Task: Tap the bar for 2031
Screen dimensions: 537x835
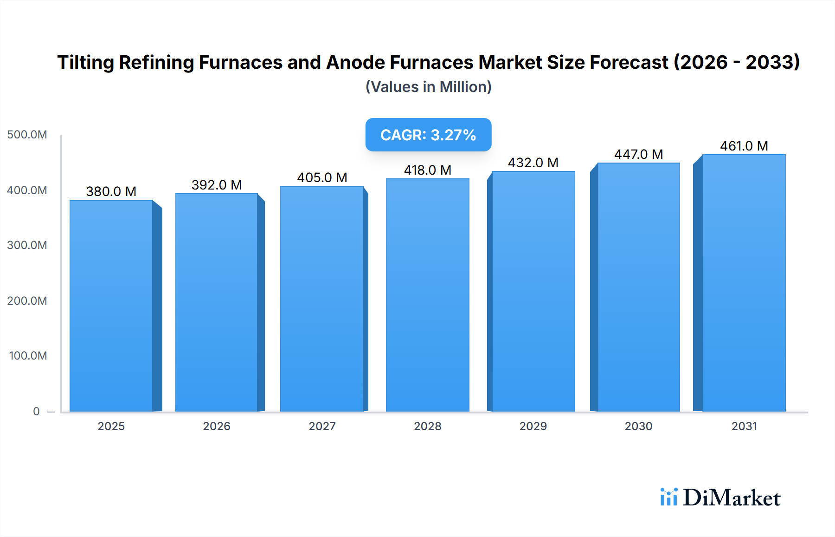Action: tap(744, 283)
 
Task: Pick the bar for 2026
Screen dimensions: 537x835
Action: tap(216, 302)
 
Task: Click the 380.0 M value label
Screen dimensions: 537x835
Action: tap(111, 191)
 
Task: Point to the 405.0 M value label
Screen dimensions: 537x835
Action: tap(322, 177)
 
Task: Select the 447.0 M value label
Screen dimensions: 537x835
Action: tap(638, 154)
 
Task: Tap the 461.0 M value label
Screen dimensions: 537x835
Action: tap(744, 146)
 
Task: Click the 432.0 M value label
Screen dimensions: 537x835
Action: tap(533, 163)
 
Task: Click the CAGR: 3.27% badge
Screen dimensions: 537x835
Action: tap(428, 135)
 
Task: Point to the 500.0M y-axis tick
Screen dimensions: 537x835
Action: tap(27, 135)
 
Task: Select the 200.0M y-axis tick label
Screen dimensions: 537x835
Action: tap(27, 301)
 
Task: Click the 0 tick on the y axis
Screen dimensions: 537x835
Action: tap(36, 411)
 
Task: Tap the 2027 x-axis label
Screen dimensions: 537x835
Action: tap(322, 426)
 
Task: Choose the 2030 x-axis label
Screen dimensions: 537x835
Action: tap(638, 426)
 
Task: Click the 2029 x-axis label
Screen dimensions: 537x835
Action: tap(533, 426)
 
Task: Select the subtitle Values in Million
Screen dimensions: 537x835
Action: tap(428, 87)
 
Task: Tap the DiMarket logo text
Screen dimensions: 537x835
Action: tap(732, 498)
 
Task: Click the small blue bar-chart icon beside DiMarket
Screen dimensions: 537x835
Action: tap(668, 497)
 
